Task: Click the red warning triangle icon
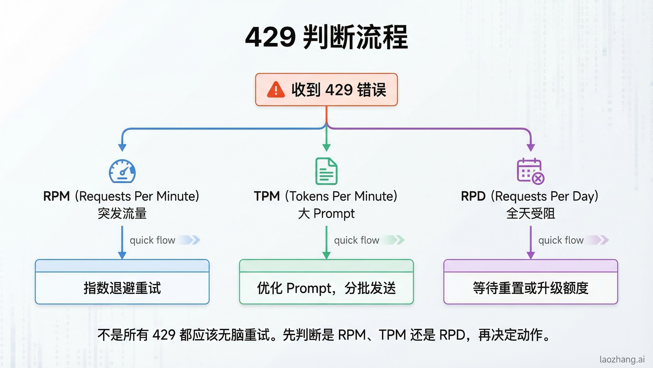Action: [x=276, y=90]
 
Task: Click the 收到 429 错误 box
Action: [x=326, y=90]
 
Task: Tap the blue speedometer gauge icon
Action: [x=122, y=171]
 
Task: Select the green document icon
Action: [x=326, y=171]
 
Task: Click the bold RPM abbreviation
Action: [x=57, y=196]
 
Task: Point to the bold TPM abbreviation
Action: [x=267, y=196]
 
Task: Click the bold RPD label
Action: [x=473, y=196]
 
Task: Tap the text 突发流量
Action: [x=122, y=213]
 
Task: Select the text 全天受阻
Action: [x=531, y=213]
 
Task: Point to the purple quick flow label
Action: [x=561, y=240]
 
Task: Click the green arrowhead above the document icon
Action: [x=326, y=147]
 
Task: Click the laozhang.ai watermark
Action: [x=622, y=359]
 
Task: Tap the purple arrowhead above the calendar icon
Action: [x=531, y=147]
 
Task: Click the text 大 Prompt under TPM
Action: [x=326, y=213]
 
